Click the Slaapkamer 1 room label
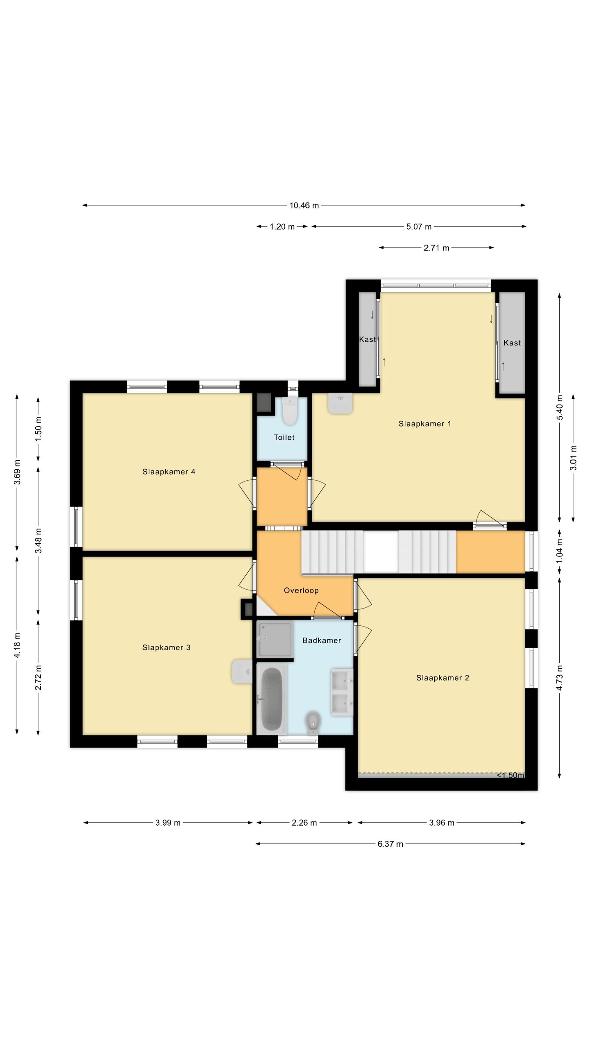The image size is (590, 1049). pyautogui.click(x=424, y=424)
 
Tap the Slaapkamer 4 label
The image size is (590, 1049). pyautogui.click(x=168, y=472)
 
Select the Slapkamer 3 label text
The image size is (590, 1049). pyautogui.click(x=166, y=647)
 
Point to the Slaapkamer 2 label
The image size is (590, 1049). pyautogui.click(x=442, y=678)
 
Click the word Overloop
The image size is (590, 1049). pyautogui.click(x=301, y=590)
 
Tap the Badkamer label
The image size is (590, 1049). pyautogui.click(x=322, y=640)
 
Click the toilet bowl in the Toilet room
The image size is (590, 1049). pyautogui.click(x=290, y=411)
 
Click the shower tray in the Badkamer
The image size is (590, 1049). pyautogui.click(x=275, y=639)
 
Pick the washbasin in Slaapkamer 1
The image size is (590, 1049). pyautogui.click(x=340, y=404)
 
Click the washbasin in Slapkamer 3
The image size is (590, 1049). pyautogui.click(x=241, y=671)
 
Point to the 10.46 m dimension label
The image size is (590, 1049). pyautogui.click(x=304, y=206)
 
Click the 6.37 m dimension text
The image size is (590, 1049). pyautogui.click(x=390, y=844)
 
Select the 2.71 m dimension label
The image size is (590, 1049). pyautogui.click(x=436, y=248)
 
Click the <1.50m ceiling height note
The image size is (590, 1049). pyautogui.click(x=511, y=775)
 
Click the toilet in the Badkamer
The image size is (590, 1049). pyautogui.click(x=313, y=722)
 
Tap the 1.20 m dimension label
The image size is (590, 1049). pyautogui.click(x=282, y=227)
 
